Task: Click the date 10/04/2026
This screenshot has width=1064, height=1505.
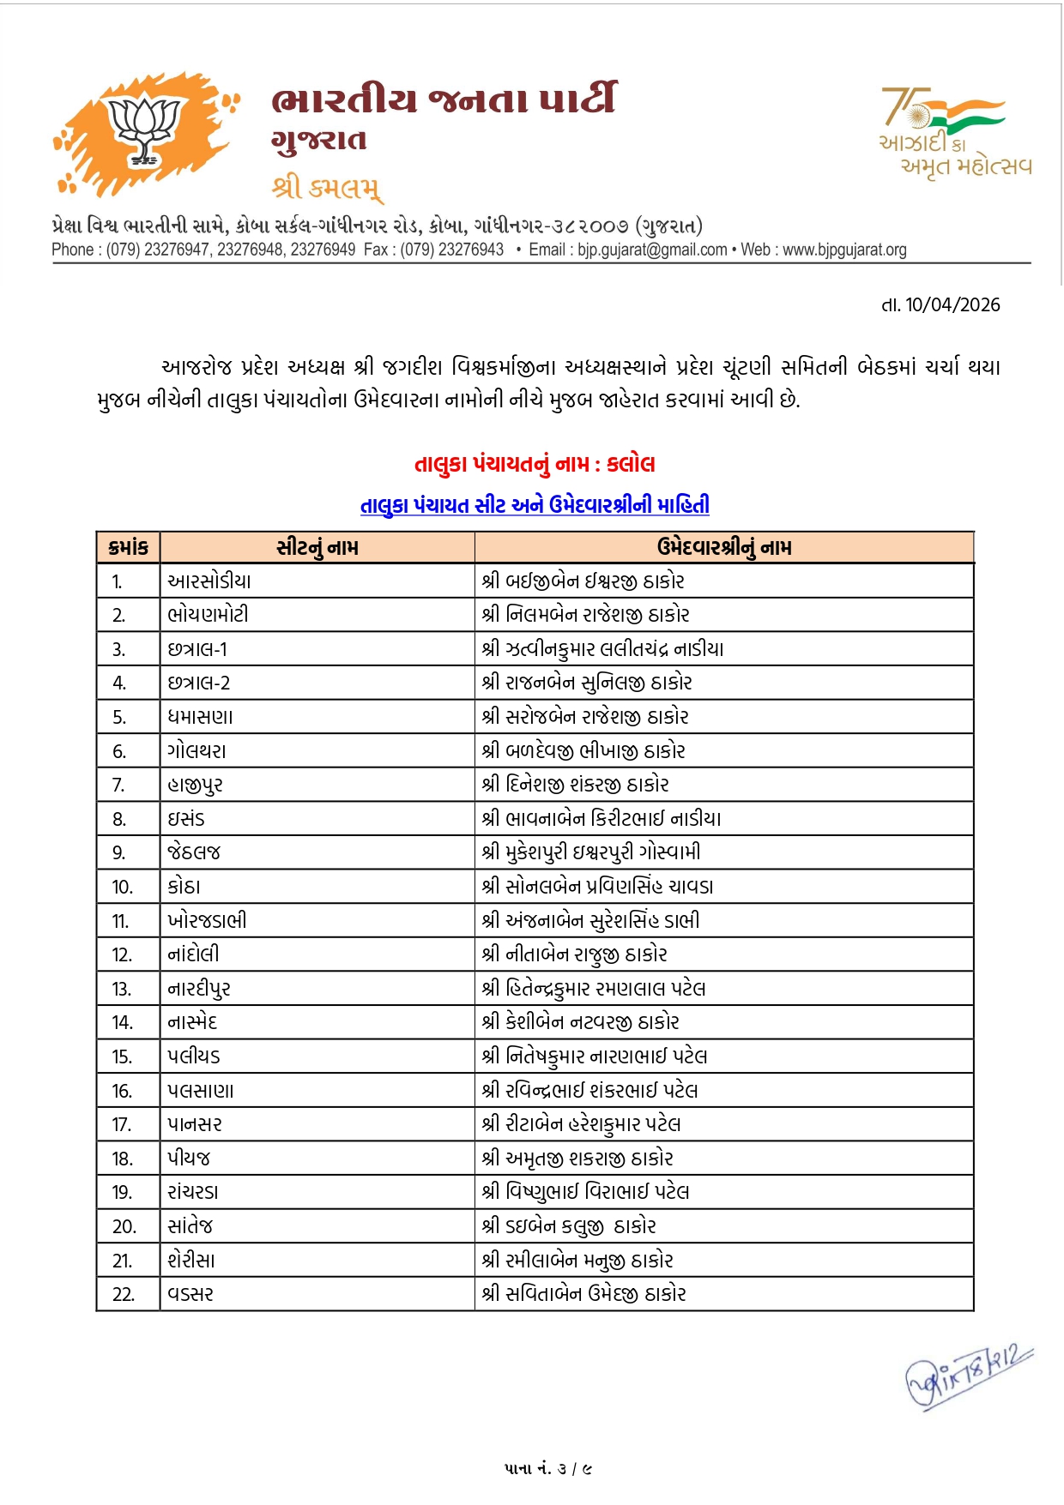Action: pyautogui.click(x=952, y=305)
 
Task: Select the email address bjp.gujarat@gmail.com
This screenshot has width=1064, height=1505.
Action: pyautogui.click(x=652, y=250)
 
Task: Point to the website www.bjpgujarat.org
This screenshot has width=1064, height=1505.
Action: pyautogui.click(x=844, y=250)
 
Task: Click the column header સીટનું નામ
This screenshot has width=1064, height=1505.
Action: pyautogui.click(x=317, y=547)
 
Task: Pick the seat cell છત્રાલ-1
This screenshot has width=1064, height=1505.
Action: pyautogui.click(x=198, y=649)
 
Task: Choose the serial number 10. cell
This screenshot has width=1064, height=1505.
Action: pyautogui.click(x=123, y=887)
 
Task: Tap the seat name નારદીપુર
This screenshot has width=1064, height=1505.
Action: pyautogui.click(x=199, y=989)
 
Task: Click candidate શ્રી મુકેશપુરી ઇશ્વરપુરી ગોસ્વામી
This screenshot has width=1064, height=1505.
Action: pyautogui.click(x=591, y=852)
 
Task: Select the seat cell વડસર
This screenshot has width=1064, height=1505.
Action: pyautogui.click(x=190, y=1294)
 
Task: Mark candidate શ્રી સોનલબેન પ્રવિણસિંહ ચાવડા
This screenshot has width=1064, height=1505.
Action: pyautogui.click(x=597, y=887)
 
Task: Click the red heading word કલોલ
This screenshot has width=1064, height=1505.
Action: pyautogui.click(x=631, y=464)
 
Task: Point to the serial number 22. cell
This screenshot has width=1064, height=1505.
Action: pyautogui.click(x=124, y=1294)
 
